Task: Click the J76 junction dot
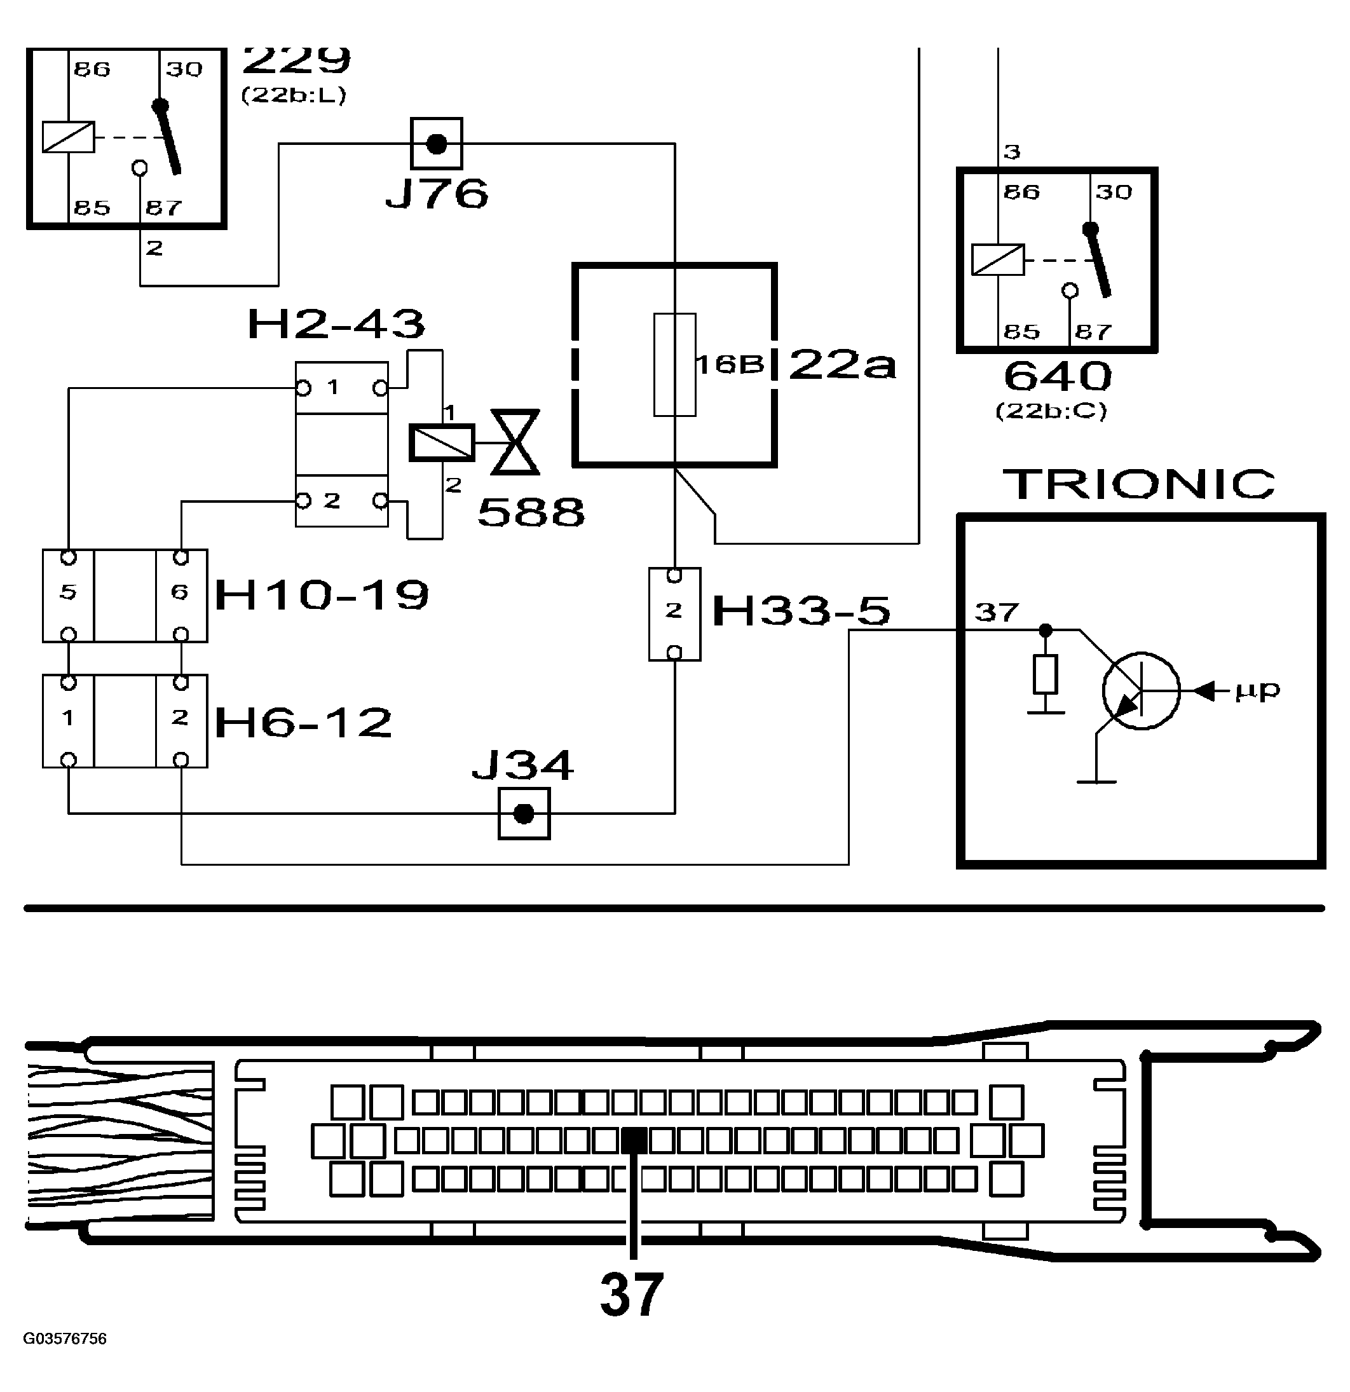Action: [436, 144]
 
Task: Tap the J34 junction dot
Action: [523, 814]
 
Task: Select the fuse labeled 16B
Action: [674, 364]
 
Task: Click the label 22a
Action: [842, 365]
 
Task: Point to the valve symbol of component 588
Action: [515, 442]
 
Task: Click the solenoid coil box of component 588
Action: [441, 442]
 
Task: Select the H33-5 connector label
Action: [800, 611]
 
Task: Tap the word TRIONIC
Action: [1139, 484]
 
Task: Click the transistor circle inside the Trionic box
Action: [1142, 690]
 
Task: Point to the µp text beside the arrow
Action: [1258, 689]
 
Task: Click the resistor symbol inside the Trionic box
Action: [1046, 674]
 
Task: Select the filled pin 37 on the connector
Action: [634, 1142]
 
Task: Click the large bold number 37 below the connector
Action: [631, 1295]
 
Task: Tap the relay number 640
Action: [1058, 376]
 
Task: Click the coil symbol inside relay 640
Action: [998, 259]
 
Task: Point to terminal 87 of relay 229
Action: [163, 207]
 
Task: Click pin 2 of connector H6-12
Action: [181, 718]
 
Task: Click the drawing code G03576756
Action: [65, 1339]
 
